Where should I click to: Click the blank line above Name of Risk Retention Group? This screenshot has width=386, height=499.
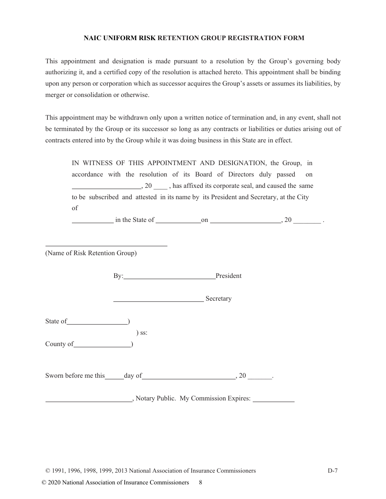[106, 245]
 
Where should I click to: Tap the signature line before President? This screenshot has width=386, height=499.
[169, 279]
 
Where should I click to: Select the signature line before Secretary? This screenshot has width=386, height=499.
[158, 301]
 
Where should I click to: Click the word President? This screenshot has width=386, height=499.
[228, 276]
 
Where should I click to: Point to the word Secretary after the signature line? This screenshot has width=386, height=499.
[219, 299]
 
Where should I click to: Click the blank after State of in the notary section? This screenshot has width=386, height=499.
[97, 324]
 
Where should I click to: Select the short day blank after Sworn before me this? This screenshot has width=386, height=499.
[114, 379]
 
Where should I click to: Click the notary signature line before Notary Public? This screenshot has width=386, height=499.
[89, 401]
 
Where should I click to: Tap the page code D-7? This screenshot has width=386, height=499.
[333, 471]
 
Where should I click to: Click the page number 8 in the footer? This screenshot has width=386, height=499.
[201, 483]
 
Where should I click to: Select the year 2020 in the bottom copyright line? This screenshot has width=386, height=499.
[55, 483]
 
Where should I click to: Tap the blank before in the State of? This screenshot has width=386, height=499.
[93, 223]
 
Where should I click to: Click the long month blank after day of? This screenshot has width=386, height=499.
[189, 379]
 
